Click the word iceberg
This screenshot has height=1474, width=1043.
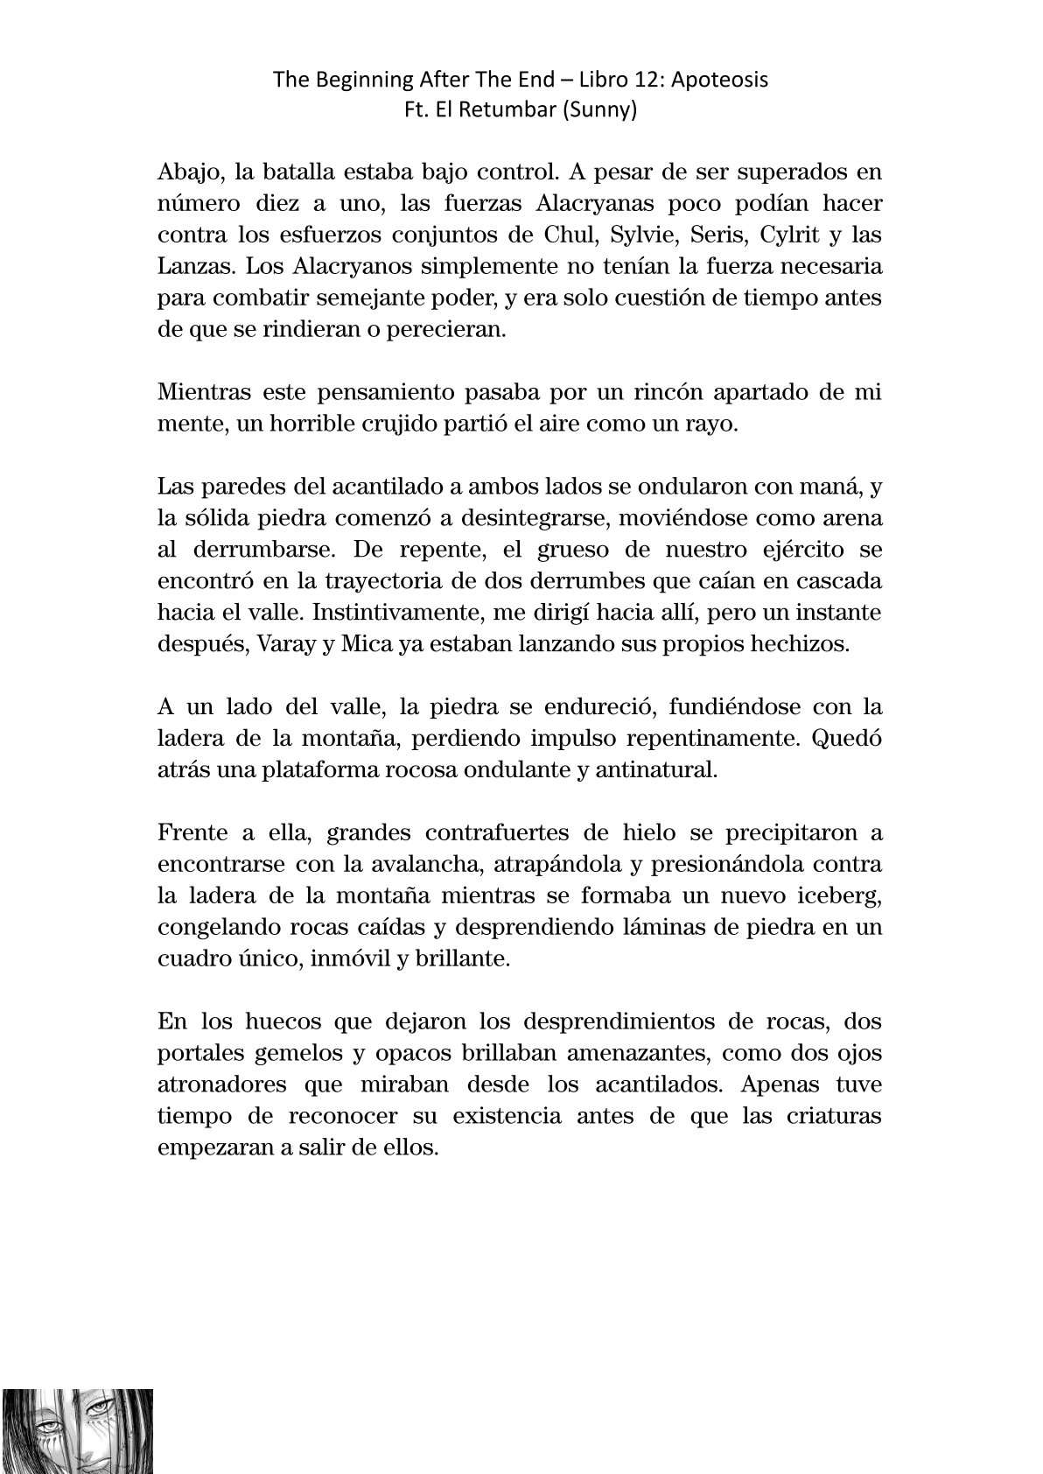click(x=838, y=895)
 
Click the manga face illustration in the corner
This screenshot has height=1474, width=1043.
click(x=77, y=1430)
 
